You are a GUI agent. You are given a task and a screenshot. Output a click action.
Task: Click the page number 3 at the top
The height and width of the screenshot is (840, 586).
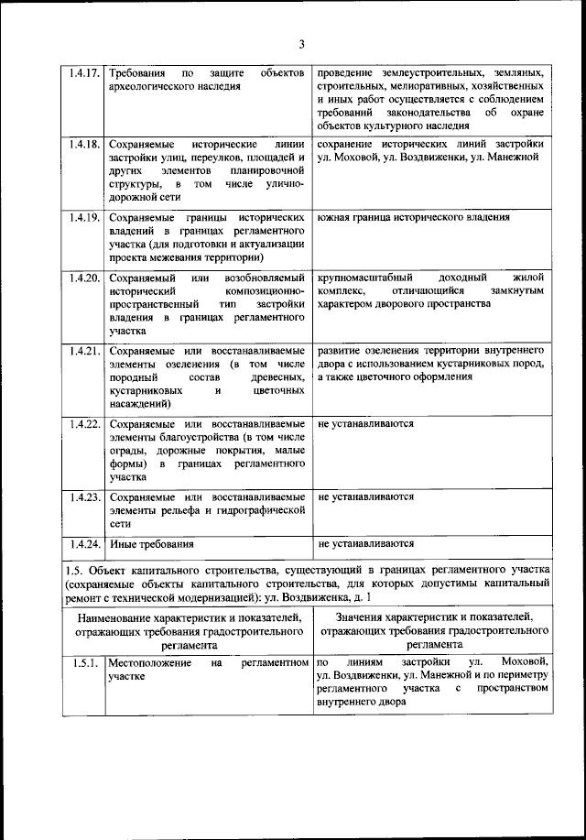coord(299,44)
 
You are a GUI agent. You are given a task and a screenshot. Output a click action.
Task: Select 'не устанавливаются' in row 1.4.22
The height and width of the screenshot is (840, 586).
coord(366,425)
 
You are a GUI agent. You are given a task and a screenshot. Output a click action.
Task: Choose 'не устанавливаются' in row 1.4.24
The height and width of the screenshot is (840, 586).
coord(366,543)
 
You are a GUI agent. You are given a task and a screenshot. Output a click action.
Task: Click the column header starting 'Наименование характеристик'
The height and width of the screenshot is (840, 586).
coord(190,631)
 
